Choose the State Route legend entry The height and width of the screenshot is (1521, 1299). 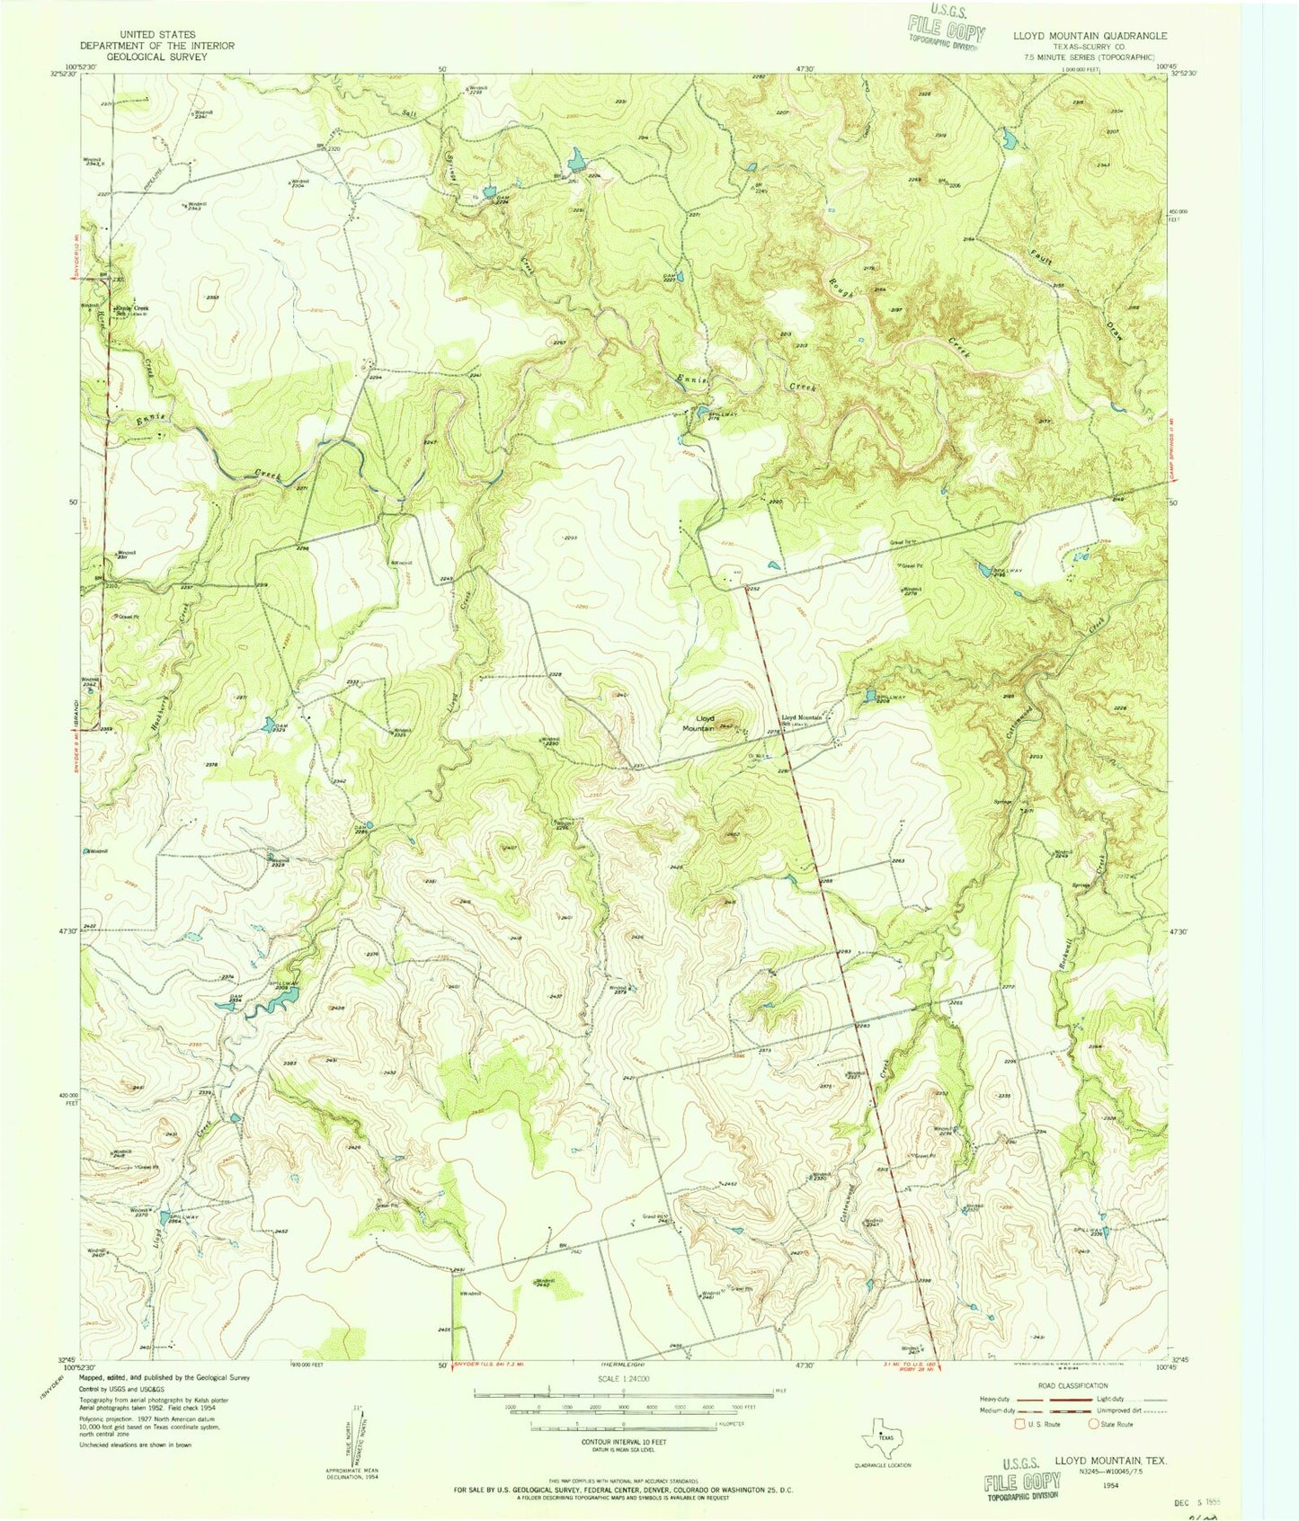tap(1112, 1424)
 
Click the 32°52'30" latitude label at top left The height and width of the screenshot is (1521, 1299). tap(61, 74)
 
